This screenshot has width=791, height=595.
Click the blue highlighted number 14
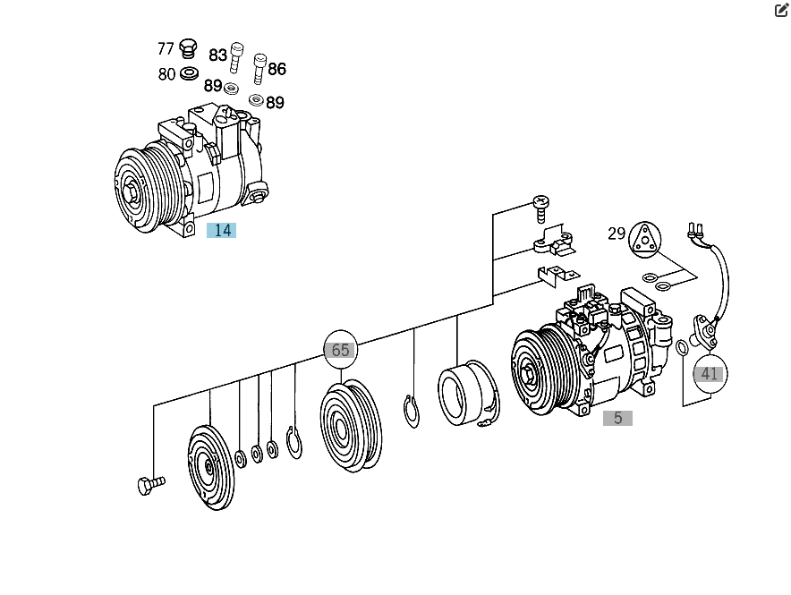(x=221, y=231)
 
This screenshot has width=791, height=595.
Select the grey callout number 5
(x=617, y=418)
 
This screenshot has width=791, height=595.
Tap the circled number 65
(x=340, y=350)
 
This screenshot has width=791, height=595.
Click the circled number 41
(x=709, y=374)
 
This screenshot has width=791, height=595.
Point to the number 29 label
(x=617, y=234)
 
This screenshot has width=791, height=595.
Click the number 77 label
(x=166, y=48)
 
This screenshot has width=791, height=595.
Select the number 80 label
(x=166, y=74)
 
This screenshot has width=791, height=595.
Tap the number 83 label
(x=217, y=55)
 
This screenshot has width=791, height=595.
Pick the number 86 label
(x=277, y=69)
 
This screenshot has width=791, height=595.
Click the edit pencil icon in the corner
(x=781, y=11)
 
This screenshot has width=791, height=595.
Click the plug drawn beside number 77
(x=188, y=47)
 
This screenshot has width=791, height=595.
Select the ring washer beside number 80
(x=189, y=72)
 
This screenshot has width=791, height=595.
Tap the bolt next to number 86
(x=259, y=67)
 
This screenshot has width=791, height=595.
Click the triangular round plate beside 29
(x=644, y=239)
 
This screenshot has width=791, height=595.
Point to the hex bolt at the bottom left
(x=150, y=485)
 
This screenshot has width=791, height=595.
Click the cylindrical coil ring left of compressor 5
(x=468, y=393)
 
